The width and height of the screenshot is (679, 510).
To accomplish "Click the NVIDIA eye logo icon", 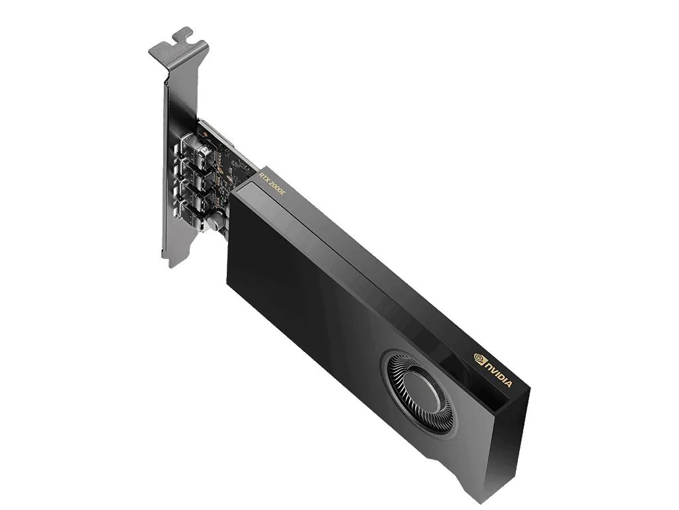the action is pyautogui.click(x=479, y=358).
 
